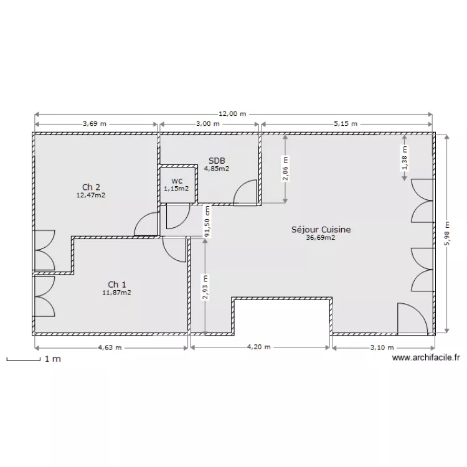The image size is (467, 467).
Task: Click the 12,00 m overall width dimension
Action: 233,114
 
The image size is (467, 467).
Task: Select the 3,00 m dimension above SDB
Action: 208,124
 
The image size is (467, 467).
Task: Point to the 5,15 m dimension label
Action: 346,124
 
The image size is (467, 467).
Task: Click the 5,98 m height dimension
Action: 446,233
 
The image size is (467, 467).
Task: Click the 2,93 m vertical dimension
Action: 205,288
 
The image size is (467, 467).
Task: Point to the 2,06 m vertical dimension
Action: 286,169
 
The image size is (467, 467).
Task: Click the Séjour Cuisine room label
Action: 321,230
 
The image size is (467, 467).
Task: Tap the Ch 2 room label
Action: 91,187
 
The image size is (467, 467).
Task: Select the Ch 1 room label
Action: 116,284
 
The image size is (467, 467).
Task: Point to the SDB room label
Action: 217,161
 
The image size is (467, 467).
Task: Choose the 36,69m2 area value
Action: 321,237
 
